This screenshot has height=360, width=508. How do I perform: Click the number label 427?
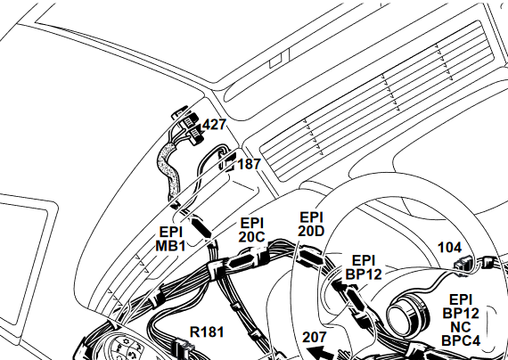pyautogui.click(x=214, y=125)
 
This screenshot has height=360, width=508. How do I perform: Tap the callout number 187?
pyautogui.click(x=249, y=164)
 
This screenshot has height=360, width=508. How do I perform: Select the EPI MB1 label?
pyautogui.click(x=171, y=239)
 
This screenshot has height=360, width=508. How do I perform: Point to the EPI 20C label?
pyautogui.click(x=252, y=231)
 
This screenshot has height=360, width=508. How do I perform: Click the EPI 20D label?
pyautogui.click(x=311, y=225)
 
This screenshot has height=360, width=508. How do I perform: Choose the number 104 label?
pyautogui.click(x=449, y=248)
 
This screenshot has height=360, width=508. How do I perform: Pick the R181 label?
pyautogui.click(x=207, y=332)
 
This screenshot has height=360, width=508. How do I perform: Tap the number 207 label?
pyautogui.click(x=315, y=338)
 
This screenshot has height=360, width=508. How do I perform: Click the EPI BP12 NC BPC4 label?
pyautogui.click(x=461, y=320)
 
